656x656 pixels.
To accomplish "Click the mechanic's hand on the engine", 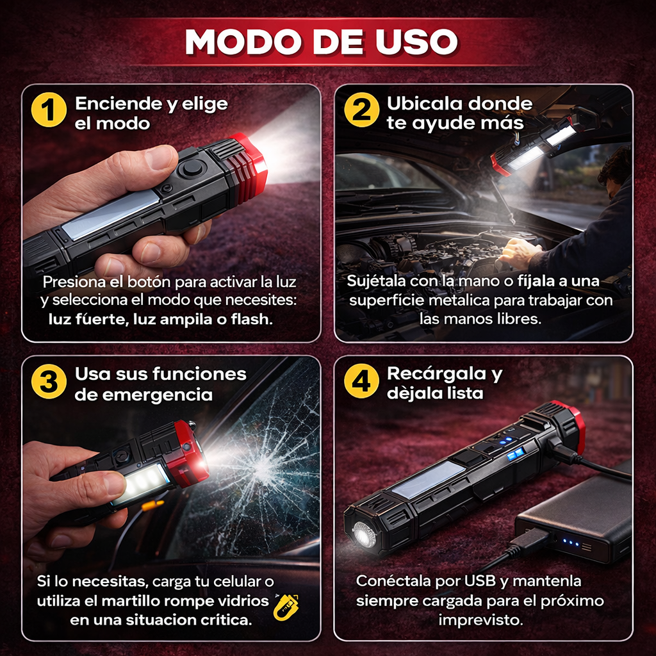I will (519, 253).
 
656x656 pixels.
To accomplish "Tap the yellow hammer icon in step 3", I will (288, 607).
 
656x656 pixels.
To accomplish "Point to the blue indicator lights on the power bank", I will (570, 545).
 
